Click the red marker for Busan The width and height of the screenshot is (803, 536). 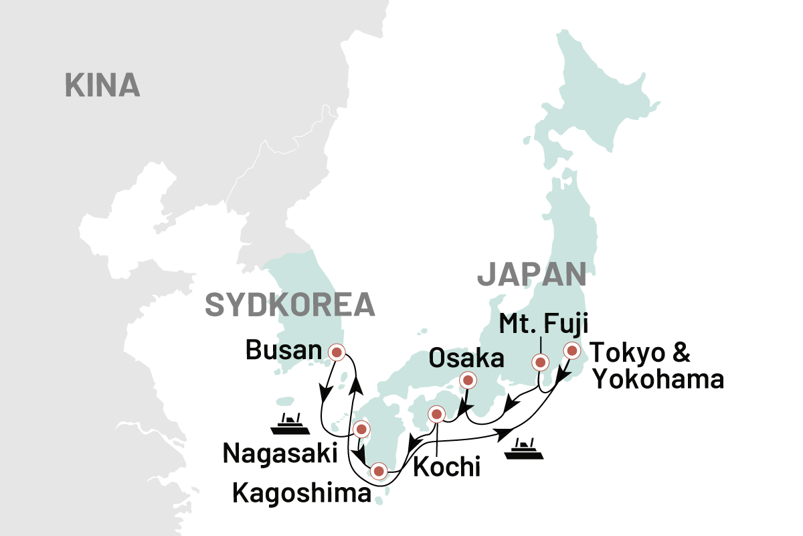click(336, 351)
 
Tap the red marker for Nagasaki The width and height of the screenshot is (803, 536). click(361, 429)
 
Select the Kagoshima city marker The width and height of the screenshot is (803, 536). click(379, 471)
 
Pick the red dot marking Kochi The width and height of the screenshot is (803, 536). click(436, 414)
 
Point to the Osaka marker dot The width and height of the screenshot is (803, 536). click(468, 381)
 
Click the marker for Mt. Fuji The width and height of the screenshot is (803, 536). click(540, 362)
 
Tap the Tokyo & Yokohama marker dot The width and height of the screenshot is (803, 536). click(571, 350)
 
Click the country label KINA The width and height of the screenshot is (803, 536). click(102, 86)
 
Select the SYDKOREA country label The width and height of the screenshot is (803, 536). click(289, 305)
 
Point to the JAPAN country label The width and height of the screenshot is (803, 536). click(531, 275)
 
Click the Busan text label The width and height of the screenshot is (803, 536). click(284, 350)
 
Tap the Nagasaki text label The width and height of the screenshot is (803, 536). click(280, 454)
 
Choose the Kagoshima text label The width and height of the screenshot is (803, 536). click(300, 493)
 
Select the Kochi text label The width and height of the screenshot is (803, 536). click(446, 467)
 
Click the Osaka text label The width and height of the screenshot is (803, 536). click(466, 358)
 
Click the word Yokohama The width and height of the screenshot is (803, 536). click(658, 380)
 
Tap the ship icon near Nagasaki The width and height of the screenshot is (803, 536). click(289, 424)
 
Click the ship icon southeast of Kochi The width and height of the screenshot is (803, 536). click(523, 448)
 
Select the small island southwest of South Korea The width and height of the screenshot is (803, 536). click(285, 401)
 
